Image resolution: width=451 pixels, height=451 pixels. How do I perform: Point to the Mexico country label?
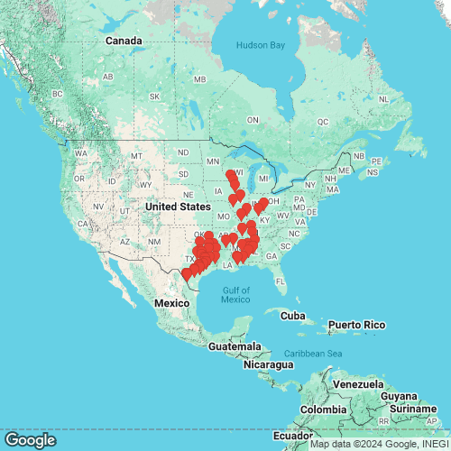coord(170,304)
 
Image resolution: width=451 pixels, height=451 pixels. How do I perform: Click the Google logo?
coord(30,440)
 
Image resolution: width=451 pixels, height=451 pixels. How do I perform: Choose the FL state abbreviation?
coord(280,281)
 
